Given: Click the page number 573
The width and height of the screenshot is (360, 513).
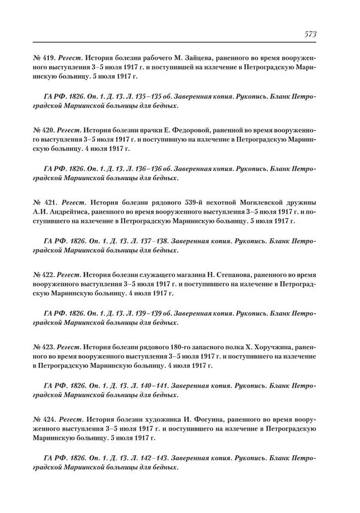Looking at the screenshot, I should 310,34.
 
